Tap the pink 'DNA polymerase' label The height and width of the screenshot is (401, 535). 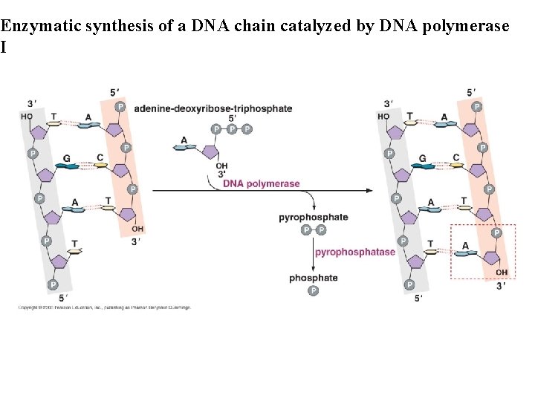click(262, 183)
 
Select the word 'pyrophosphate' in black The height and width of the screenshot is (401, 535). click(313, 218)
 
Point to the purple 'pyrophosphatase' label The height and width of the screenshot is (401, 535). click(355, 252)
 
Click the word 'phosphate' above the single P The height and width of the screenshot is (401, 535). click(314, 278)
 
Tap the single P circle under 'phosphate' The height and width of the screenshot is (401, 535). click(314, 290)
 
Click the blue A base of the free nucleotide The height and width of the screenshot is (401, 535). click(184, 148)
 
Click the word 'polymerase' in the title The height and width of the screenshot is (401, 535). click(472, 27)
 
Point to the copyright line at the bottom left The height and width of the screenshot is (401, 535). click(104, 307)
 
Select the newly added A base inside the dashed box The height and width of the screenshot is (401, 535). click(466, 253)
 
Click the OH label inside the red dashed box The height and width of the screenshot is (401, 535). click(502, 273)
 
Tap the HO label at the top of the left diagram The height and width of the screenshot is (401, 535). click(27, 116)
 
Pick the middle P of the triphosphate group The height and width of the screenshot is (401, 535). click(232, 128)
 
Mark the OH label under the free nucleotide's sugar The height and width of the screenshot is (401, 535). click(221, 166)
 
